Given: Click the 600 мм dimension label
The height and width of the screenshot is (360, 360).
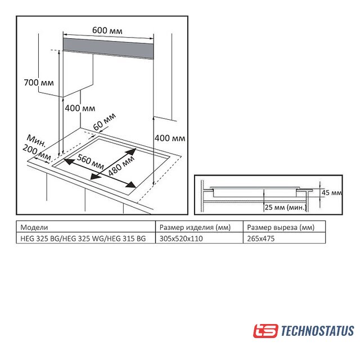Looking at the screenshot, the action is [107, 30].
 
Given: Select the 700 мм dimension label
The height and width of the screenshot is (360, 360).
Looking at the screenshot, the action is [39, 83].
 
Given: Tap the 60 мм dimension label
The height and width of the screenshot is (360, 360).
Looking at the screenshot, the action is [104, 121].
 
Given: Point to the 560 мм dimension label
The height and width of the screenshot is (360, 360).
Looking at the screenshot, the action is [90, 161].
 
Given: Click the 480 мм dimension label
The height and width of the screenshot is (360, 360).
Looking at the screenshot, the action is [121, 166].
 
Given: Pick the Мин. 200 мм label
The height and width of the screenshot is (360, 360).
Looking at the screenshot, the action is [37, 147].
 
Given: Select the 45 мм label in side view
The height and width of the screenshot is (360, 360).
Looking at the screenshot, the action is [331, 192].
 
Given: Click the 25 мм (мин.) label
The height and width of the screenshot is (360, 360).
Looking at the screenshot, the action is [286, 208].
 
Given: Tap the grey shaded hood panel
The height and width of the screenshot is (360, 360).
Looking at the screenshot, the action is [108, 48].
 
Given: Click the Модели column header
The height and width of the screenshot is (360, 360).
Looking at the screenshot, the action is [34, 227].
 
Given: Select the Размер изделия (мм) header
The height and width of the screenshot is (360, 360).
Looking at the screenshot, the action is [195, 227].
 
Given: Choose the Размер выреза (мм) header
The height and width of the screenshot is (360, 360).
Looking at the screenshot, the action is [281, 227].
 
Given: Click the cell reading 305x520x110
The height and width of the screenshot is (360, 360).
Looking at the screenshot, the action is [181, 238].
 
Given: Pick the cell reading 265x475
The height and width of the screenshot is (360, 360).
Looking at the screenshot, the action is [261, 238].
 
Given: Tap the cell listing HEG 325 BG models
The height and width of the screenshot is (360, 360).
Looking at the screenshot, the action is [83, 238].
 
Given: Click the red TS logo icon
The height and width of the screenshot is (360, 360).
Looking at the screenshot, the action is [265, 331].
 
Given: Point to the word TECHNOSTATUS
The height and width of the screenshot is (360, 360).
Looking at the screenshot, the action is [317, 331].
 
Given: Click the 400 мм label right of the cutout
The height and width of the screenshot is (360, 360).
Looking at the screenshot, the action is [170, 138].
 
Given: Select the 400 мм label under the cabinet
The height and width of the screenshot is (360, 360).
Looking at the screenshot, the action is [80, 108].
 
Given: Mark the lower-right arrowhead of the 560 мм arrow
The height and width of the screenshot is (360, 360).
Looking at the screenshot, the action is [132, 184].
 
